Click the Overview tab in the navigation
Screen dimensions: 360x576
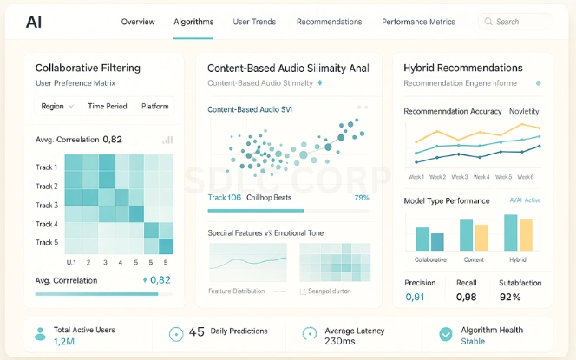(138, 22)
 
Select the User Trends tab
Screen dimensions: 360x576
(254, 22)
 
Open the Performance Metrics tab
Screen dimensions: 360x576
(418, 22)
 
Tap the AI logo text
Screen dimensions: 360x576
(34, 22)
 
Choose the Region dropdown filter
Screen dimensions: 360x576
(58, 106)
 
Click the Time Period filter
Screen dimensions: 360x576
(107, 106)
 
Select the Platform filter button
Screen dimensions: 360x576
(155, 106)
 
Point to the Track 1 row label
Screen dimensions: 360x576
(47, 167)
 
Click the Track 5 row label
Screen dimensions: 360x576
(47, 243)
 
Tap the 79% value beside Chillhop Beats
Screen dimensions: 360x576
(362, 198)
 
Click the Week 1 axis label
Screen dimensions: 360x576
(416, 177)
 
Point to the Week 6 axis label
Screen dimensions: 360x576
(525, 177)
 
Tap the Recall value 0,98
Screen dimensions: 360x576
(467, 298)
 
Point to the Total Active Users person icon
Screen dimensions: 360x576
(38, 335)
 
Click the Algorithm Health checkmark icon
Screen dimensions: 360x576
(446, 335)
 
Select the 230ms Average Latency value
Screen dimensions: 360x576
(341, 342)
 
